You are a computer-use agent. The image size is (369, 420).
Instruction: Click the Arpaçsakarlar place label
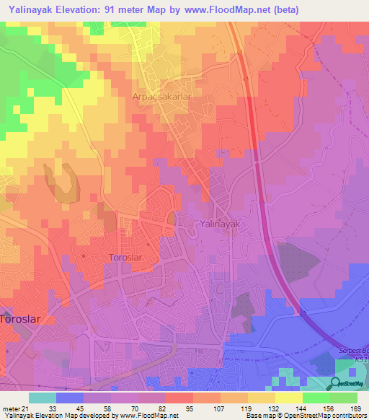159,96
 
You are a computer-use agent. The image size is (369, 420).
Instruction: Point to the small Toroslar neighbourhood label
128,258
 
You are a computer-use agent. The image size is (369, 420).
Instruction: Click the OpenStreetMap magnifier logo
339,384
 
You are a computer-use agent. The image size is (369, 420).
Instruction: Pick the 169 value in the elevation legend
354,408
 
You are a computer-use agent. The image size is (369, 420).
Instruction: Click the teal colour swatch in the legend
42,398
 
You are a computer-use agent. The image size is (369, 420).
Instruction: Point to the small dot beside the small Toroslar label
84,255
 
